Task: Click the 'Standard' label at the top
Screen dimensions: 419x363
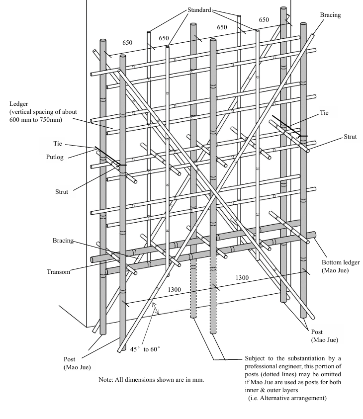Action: coord(199,9)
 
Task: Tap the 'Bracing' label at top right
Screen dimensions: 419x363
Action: coord(330,15)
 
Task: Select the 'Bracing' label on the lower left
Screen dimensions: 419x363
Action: coord(63,241)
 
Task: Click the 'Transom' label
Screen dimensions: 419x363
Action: coord(59,272)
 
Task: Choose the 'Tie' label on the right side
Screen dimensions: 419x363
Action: coord(324,113)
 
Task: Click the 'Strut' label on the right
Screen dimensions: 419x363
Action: coord(350,137)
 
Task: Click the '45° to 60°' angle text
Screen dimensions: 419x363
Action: coord(145,349)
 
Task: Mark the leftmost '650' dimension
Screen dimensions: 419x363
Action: coord(127,43)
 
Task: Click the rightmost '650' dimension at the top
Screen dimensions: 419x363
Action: coord(264,20)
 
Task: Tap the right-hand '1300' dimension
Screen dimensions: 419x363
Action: coord(242,278)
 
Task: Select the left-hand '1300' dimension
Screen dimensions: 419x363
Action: coord(174,289)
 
